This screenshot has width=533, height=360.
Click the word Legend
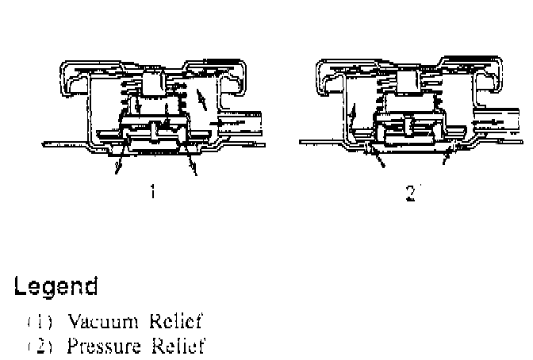[x=56, y=286]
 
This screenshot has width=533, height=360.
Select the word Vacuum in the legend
[x=93, y=321]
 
